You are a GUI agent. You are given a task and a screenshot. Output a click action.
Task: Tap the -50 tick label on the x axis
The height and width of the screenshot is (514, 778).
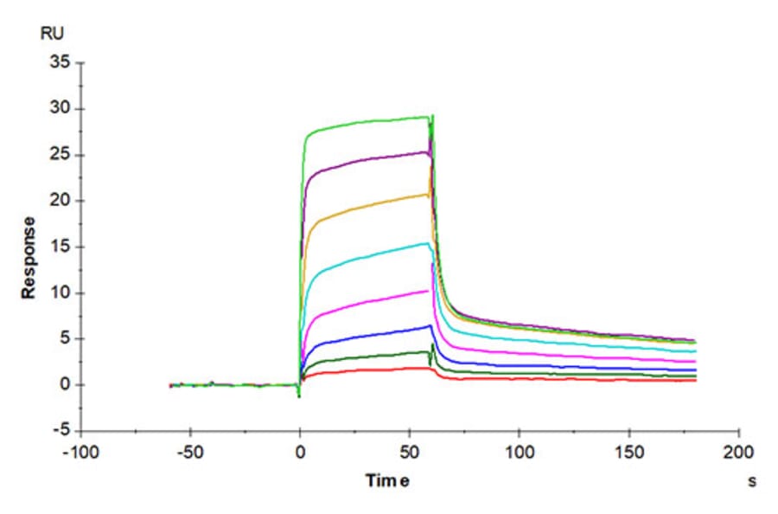pos(190,453)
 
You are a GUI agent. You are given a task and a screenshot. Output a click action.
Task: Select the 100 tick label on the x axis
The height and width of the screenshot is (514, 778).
pos(519,453)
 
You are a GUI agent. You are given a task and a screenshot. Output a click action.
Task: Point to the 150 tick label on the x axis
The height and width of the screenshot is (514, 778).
pos(628,453)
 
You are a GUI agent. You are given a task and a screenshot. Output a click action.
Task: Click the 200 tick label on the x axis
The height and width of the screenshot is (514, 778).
pos(738,453)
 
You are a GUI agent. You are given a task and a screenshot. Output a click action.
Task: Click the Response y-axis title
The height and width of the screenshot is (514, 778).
pos(29,258)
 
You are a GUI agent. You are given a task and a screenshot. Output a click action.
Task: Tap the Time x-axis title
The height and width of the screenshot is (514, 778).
pos(386,481)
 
